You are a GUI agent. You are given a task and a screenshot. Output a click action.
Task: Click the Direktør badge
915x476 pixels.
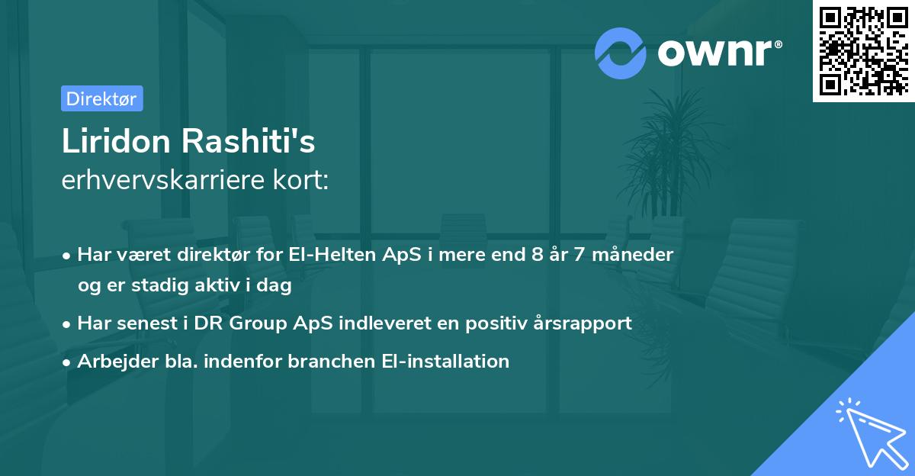[101, 98]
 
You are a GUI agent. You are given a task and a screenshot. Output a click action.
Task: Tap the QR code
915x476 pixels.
[863, 50]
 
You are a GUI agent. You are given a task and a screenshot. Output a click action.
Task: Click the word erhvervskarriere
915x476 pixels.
[158, 181]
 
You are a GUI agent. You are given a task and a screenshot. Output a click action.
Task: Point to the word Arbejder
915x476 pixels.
[111, 361]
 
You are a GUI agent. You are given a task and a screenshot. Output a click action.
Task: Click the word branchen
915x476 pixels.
[318, 361]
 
